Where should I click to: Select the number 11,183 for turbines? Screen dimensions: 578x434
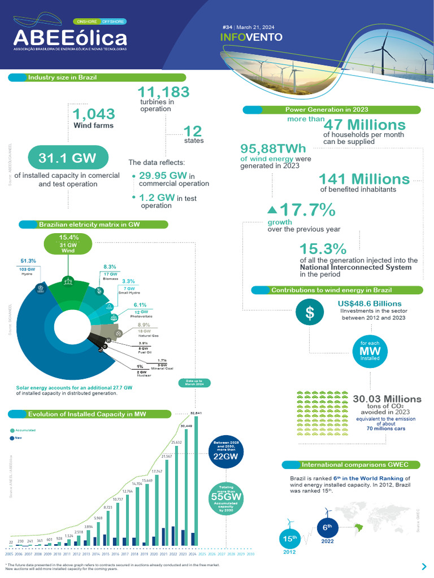coord(163,92)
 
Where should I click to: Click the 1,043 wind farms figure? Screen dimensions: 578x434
coord(93,113)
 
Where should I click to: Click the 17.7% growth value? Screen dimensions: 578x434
coord(308,211)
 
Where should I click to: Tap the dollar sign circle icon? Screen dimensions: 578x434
coord(310,314)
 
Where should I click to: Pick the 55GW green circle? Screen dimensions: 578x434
coord(225,496)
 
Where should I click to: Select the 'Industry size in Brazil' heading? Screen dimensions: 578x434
coord(62,77)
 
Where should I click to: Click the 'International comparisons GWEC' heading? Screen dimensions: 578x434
coord(353,465)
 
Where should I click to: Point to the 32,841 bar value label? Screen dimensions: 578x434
coord(196,413)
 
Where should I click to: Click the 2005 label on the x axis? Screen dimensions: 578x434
coord(9,554)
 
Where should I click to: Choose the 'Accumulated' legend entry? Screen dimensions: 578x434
coord(24,430)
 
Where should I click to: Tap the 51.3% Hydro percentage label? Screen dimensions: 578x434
coord(28,261)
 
